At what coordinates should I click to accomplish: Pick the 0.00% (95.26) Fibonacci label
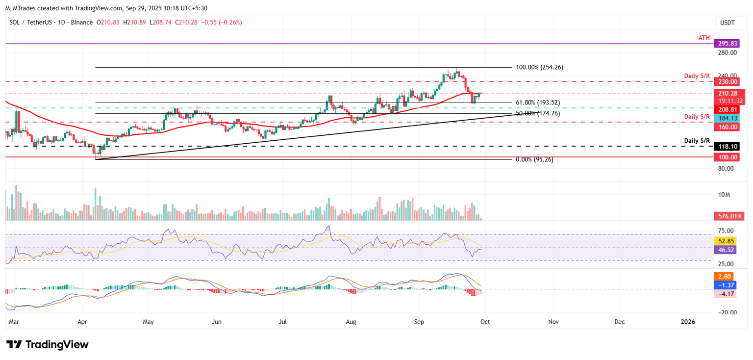click(534, 159)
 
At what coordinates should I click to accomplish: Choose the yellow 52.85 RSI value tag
click(726, 241)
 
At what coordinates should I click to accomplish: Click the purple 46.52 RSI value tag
click(726, 250)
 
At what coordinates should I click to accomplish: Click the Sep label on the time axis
click(419, 322)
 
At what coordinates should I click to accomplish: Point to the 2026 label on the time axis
click(687, 322)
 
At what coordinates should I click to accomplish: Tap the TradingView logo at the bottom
click(48, 344)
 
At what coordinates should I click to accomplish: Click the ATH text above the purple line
click(704, 37)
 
